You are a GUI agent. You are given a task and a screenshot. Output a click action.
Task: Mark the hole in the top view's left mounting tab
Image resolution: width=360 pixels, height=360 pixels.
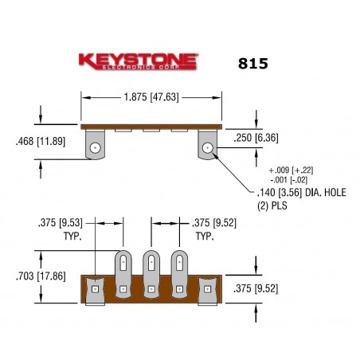(x=96, y=147)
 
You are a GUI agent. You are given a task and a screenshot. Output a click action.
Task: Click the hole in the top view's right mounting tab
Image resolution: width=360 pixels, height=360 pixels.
(x=208, y=147)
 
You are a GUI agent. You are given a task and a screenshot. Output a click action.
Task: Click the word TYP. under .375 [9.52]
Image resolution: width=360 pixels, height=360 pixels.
(x=204, y=237)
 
